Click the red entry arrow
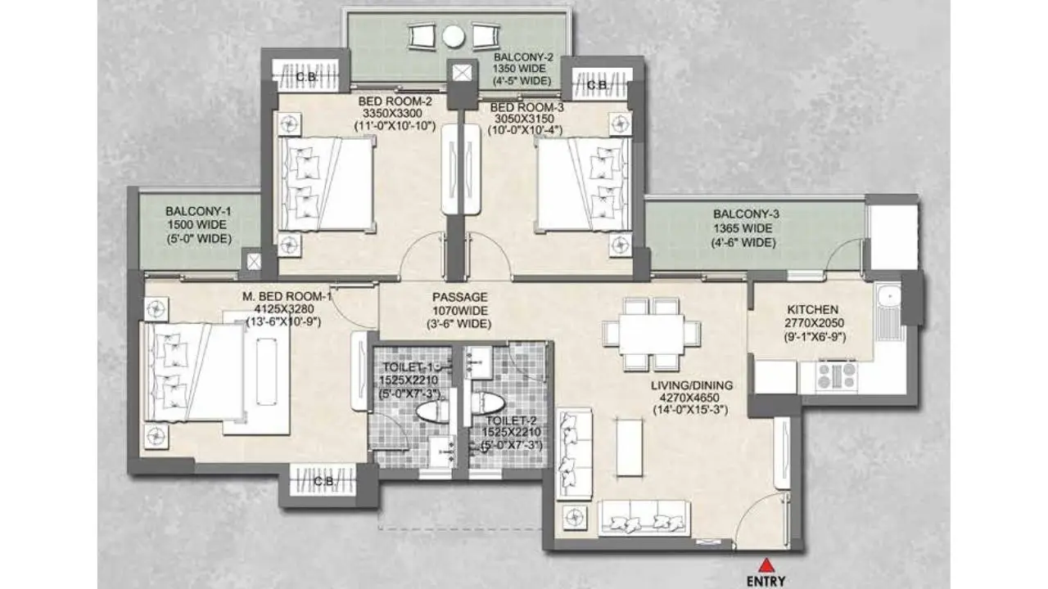click(766, 565)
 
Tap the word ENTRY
click(766, 581)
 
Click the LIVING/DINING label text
click(692, 385)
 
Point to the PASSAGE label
click(460, 297)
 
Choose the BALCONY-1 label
click(198, 211)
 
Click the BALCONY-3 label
click(746, 214)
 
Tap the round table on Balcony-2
click(454, 37)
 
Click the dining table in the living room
click(651, 335)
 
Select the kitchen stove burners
click(837, 376)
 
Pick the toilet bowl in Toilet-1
click(433, 411)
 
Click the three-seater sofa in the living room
click(644, 518)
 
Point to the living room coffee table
click(629, 447)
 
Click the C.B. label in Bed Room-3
click(598, 85)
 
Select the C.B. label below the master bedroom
click(323, 480)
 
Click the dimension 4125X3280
click(284, 309)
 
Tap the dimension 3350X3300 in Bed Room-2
click(392, 113)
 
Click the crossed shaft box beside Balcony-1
click(254, 262)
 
